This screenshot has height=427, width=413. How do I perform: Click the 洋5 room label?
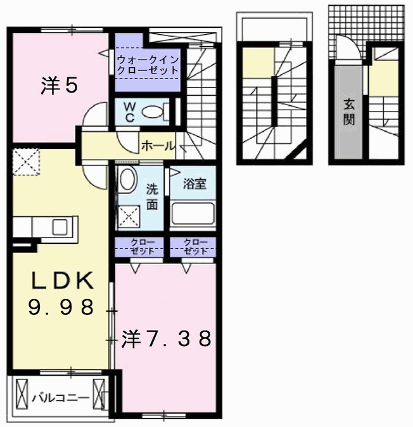click(60, 86)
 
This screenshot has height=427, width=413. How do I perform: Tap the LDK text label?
click(63, 280)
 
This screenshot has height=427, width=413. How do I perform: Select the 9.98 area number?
click(61, 307)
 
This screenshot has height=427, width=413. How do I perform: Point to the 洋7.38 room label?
click(167, 338)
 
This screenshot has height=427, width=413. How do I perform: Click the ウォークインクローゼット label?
click(148, 65)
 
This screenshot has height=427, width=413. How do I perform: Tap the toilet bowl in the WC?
click(153, 112)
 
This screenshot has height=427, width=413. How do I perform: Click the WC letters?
click(129, 112)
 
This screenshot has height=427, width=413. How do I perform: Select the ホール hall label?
click(158, 146)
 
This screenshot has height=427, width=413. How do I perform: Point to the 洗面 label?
click(152, 197)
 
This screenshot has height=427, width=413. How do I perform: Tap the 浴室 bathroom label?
click(194, 184)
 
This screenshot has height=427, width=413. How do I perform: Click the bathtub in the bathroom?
click(193, 213)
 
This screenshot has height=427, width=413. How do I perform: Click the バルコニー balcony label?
click(61, 398)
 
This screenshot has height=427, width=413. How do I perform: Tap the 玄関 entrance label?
click(349, 112)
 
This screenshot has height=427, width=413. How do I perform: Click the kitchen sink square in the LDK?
click(60, 227)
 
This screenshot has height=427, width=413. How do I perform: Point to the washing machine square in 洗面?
click(129, 216)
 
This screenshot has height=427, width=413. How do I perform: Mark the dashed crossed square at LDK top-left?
click(26, 162)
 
